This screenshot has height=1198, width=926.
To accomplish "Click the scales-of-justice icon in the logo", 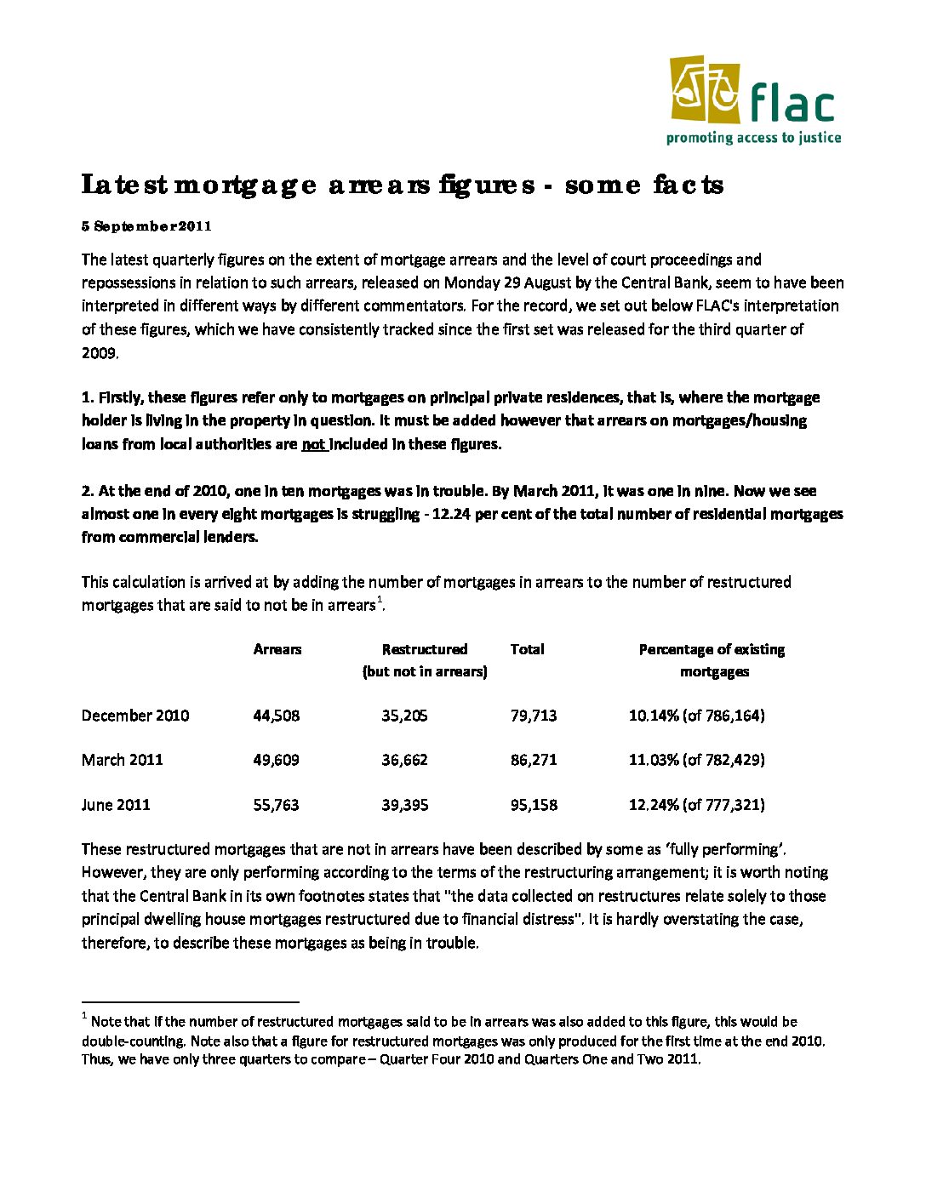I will click(x=705, y=90).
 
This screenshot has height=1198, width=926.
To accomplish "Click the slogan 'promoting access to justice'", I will click(x=753, y=138).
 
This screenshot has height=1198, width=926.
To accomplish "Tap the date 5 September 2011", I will click(x=146, y=226).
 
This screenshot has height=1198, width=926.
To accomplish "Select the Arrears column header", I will click(x=277, y=649).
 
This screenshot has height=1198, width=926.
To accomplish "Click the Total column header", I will click(x=527, y=649).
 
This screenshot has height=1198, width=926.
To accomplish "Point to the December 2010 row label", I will click(x=135, y=716).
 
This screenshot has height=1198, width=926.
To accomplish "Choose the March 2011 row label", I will click(x=122, y=760).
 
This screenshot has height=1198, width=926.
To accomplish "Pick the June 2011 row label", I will click(x=116, y=805).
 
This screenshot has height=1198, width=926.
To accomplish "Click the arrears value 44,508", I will click(x=277, y=716).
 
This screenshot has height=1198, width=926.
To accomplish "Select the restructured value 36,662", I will click(x=404, y=760).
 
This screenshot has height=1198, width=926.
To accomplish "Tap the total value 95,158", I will click(x=534, y=805).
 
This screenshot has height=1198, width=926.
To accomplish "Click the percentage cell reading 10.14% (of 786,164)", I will click(x=696, y=716).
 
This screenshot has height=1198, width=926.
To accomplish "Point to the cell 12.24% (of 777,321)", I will click(x=696, y=805).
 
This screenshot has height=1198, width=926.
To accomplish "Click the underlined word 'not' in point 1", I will click(x=313, y=444).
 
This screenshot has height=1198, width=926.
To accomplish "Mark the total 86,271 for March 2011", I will click(x=534, y=760).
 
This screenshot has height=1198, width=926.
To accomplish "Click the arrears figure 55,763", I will click(x=277, y=805).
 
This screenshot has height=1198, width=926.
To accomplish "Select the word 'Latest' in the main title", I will click(x=123, y=185).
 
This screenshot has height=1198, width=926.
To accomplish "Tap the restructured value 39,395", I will click(x=404, y=805).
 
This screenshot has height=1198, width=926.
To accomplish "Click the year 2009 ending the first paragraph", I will click(x=99, y=352).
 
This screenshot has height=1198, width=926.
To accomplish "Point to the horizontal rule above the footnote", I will click(x=191, y=1002).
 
